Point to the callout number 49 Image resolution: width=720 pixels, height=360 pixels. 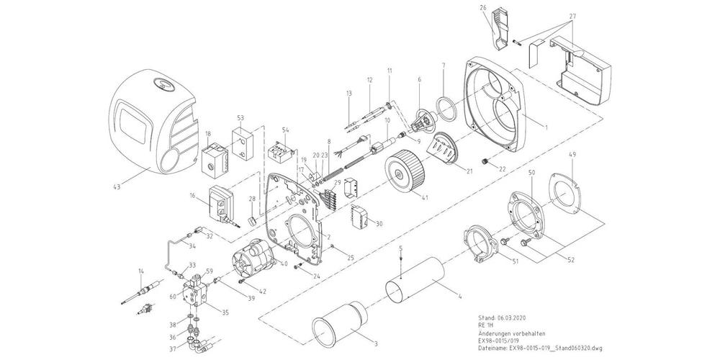coord(572,154)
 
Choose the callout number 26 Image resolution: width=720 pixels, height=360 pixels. coord(484,9)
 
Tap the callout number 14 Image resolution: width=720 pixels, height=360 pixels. coord(140,271)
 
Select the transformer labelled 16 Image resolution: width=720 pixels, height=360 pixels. coord(219,204)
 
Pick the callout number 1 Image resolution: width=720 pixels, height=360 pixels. coord(546,127)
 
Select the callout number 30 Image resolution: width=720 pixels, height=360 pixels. coord(379,223)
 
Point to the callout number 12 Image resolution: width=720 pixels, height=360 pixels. coord(368,79)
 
